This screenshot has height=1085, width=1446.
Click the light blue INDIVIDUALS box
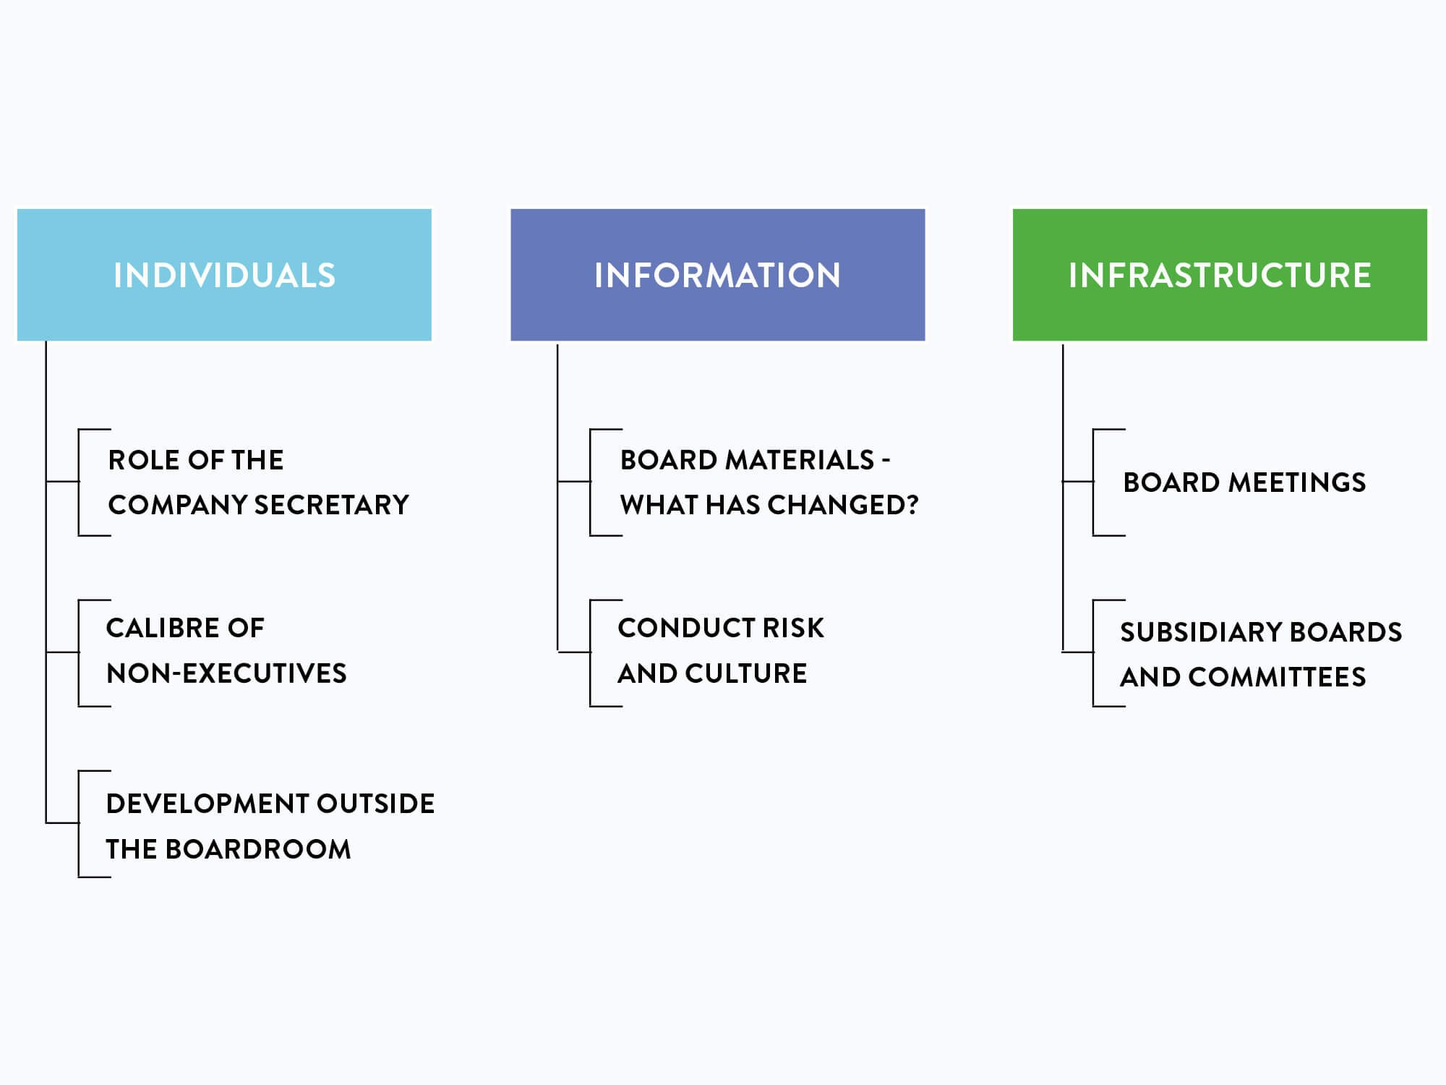(x=224, y=275)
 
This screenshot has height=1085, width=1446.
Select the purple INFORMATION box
(x=718, y=275)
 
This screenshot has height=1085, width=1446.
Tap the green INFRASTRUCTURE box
(x=1220, y=275)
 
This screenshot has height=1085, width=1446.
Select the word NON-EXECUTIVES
(x=226, y=673)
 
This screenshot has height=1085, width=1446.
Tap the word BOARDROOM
(x=258, y=849)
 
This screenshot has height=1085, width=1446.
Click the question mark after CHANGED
(x=912, y=505)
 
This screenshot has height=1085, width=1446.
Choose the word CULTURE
(x=746, y=673)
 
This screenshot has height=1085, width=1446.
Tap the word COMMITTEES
(x=1277, y=677)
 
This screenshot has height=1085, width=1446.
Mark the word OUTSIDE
(x=375, y=804)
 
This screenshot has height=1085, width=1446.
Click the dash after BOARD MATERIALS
(x=886, y=461)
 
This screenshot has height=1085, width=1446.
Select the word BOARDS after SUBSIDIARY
(x=1346, y=632)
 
